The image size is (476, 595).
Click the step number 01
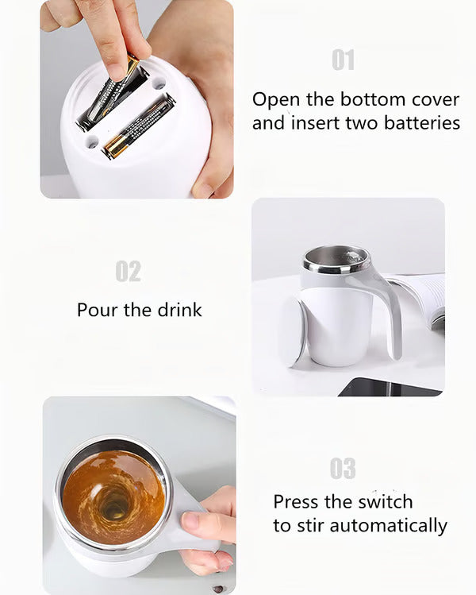343,60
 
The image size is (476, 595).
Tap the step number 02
128,271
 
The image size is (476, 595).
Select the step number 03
343,469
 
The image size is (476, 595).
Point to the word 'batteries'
422,123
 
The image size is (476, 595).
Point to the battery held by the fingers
113,91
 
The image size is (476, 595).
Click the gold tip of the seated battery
113,148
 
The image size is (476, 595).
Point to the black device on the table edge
389,387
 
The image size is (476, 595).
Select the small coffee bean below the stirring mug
217,589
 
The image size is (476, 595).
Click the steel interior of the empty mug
336,259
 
